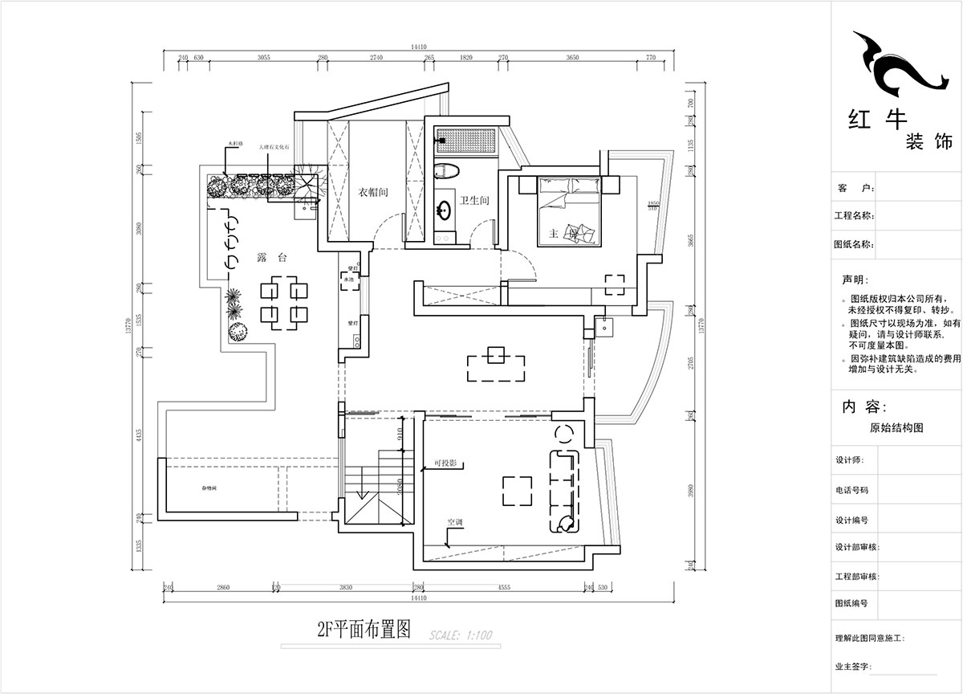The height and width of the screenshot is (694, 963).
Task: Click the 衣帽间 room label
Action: pos(373,193)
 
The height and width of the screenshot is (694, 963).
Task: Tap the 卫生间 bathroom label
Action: pos(474,201)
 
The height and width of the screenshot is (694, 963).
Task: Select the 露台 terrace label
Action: pos(267,258)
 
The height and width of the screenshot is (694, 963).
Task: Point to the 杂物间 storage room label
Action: pos(209,488)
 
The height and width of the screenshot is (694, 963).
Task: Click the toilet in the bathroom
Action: pos(446,171)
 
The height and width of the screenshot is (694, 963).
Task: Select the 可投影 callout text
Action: pos(445,463)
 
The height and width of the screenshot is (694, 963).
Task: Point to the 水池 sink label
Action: pos(349,280)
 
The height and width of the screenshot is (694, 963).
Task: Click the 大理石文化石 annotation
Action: pos(279,148)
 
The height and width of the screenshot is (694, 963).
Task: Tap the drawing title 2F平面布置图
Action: pos(364,629)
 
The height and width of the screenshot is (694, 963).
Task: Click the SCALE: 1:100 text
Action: pos(461,635)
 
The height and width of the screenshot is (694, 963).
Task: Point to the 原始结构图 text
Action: pos(896,428)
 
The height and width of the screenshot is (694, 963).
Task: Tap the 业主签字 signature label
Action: pos(852,667)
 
